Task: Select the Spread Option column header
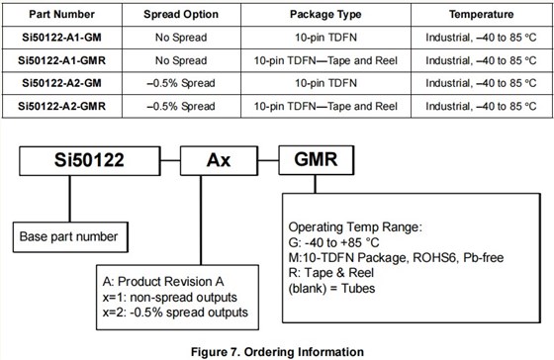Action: click(173, 15)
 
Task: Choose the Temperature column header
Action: click(480, 15)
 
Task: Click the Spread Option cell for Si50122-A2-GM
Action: click(173, 83)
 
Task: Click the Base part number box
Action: click(69, 236)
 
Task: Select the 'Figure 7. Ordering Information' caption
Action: click(278, 350)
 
